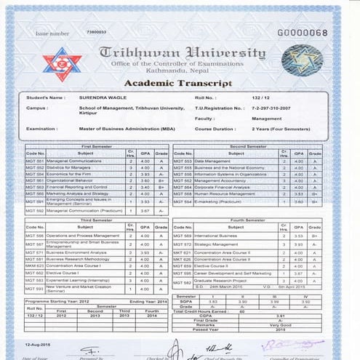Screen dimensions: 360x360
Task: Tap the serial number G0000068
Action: (303, 33)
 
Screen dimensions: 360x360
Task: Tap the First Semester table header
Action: (98, 147)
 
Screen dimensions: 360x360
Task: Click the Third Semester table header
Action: (97, 219)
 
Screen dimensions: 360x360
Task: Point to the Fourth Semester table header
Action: (247, 219)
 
